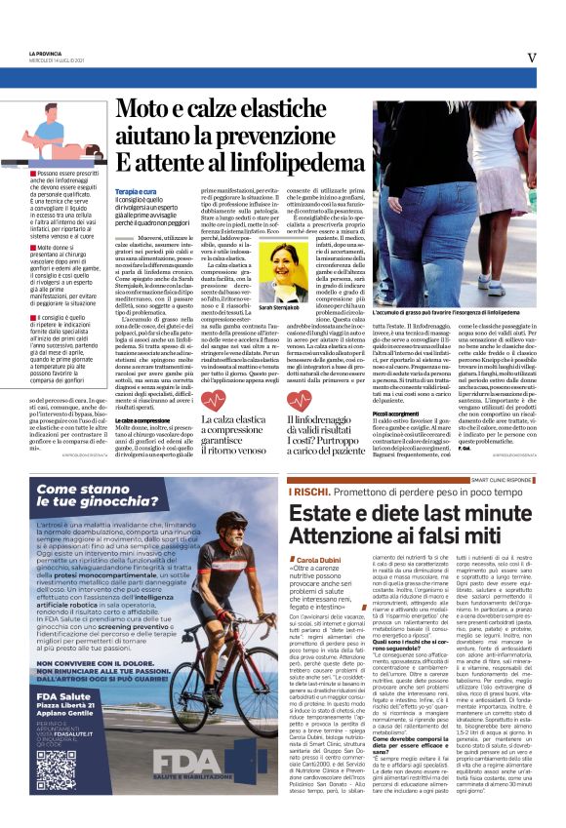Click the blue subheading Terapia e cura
pyautogui.click(x=137, y=191)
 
